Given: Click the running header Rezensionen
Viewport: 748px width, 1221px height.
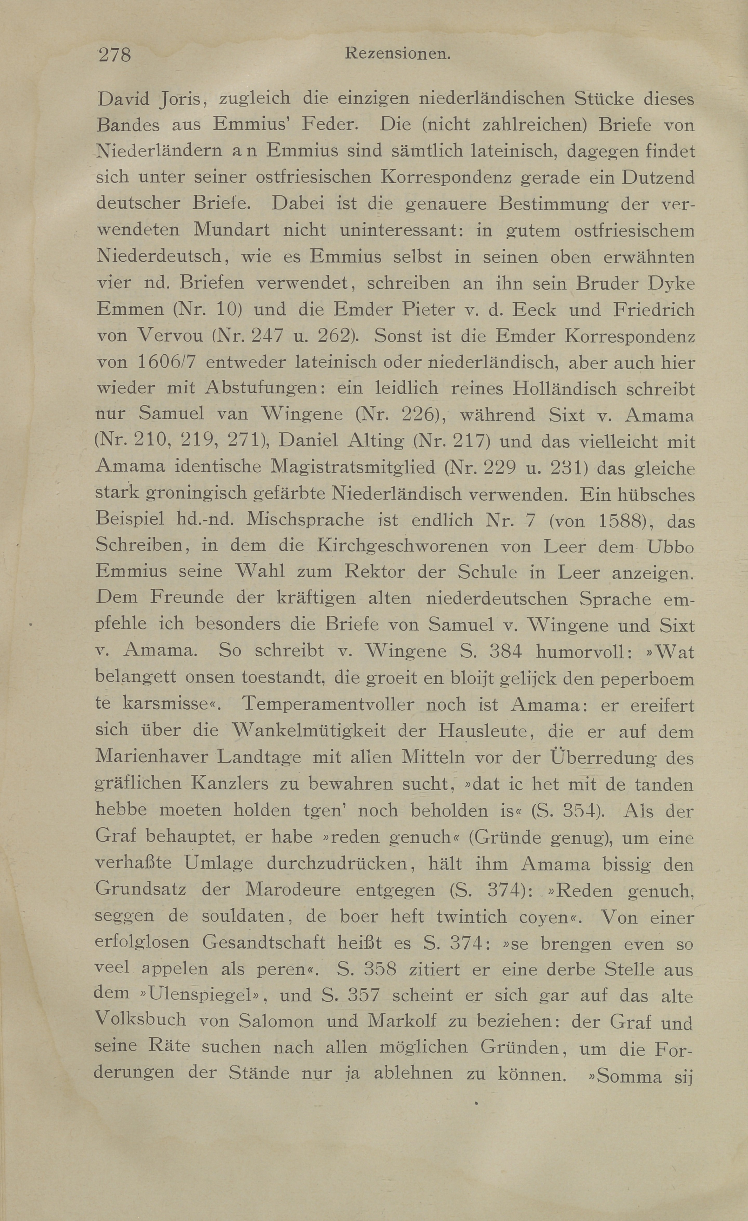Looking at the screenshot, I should click(x=398, y=53).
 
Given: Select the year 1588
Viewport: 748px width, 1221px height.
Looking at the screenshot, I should click(x=621, y=521).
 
